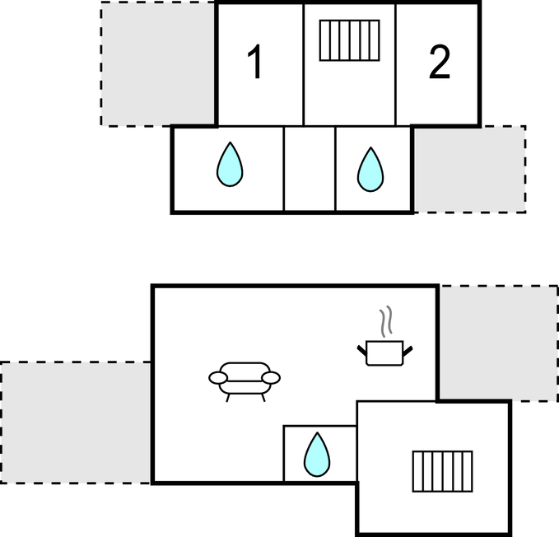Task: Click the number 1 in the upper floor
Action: tap(256, 63)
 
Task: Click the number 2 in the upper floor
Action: tap(440, 63)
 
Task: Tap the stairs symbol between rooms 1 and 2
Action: tap(349, 40)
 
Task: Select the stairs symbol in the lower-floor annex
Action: tap(442, 471)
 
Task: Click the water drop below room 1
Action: tap(230, 165)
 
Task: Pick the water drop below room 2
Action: tap(370, 170)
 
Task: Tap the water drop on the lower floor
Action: tap(316, 455)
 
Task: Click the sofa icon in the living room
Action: tap(245, 379)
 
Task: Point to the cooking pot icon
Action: tap(384, 353)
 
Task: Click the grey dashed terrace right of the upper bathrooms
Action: tap(469, 170)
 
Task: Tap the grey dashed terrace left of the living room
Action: tap(76, 423)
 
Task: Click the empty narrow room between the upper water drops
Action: tap(310, 170)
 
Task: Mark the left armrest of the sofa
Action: tap(218, 378)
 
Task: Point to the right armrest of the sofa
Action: tap(271, 378)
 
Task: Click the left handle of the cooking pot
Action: tap(361, 352)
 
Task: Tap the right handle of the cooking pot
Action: tap(408, 352)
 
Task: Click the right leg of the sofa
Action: tap(263, 397)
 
